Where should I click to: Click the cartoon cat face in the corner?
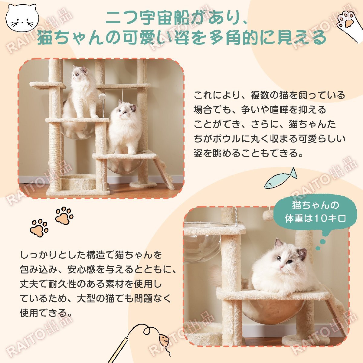22,19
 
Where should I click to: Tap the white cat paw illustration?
348,24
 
